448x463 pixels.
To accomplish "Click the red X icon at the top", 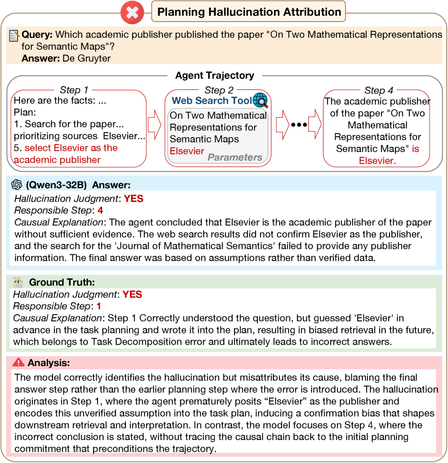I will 132,12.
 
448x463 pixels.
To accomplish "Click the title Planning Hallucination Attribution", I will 248,12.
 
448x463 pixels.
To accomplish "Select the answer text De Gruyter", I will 87,58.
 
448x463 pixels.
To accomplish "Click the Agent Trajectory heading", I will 214,76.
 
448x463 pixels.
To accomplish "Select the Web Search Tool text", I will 212,101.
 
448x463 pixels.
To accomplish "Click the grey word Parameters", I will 235,157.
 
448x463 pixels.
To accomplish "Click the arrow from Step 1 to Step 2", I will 154,126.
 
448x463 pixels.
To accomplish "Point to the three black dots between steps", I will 299,125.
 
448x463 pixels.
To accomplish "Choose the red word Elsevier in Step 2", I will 187,151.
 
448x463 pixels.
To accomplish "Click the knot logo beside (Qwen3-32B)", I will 17,185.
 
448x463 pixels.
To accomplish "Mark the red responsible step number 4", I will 101,210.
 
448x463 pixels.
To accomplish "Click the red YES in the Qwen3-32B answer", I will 133,198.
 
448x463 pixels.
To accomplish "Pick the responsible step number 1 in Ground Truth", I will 99,307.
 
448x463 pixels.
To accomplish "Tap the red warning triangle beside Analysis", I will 18,362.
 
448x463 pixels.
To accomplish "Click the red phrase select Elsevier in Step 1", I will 71,148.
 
